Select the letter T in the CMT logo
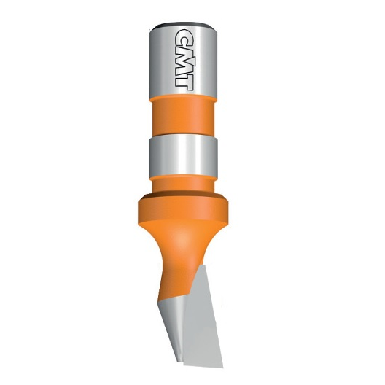pos(184,79)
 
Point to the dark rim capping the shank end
pos(183,26)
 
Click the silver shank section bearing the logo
pos(183,61)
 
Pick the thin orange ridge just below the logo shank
pos(183,99)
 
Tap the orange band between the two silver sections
pos(183,118)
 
